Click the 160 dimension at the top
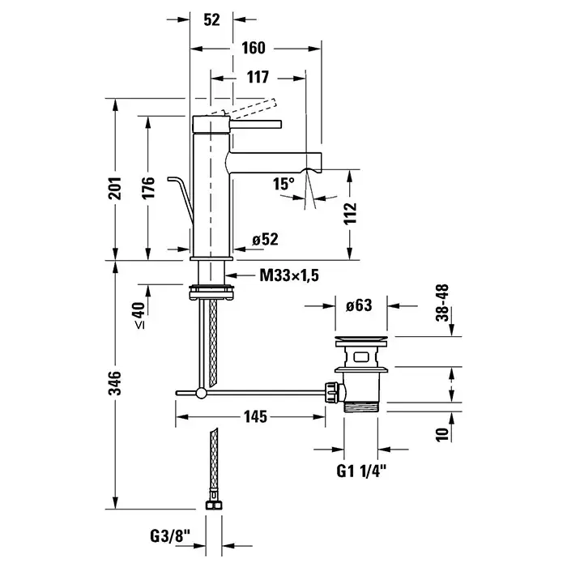(253, 48)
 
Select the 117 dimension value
(257, 79)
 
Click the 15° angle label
(283, 184)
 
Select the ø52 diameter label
(265, 239)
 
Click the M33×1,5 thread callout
(289, 276)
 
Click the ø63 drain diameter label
(357, 306)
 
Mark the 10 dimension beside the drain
(441, 434)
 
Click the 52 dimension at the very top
(212, 19)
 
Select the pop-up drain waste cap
(360, 337)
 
